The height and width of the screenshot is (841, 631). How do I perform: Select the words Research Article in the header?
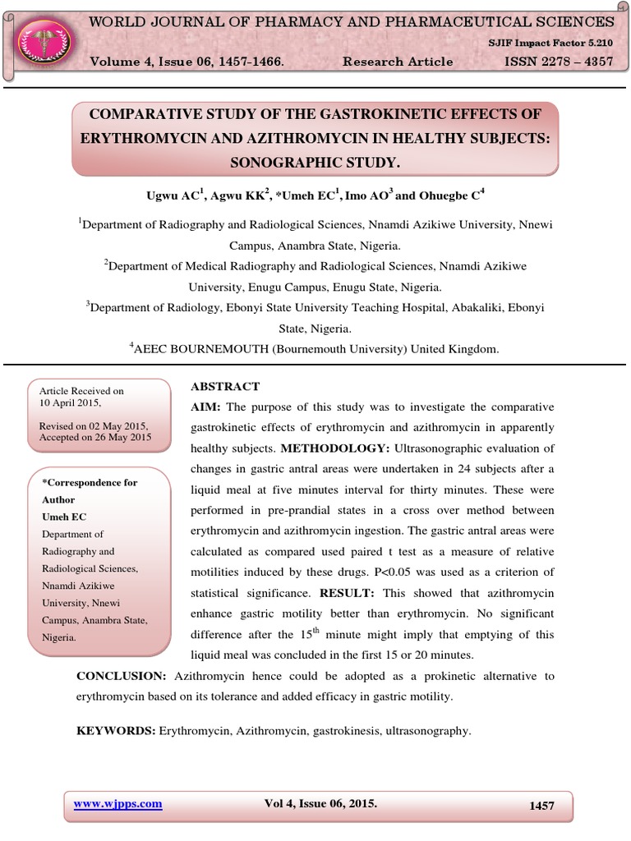tap(398, 62)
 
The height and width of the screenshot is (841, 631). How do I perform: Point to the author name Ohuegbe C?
tap(446, 195)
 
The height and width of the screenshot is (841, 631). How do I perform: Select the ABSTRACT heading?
tap(225, 386)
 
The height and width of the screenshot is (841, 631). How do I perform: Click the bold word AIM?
tap(206, 407)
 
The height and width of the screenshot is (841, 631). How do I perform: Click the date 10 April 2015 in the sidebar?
tap(70, 403)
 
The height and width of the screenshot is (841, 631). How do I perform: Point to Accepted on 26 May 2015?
tap(95, 438)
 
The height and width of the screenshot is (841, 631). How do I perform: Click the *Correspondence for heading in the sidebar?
tap(90, 483)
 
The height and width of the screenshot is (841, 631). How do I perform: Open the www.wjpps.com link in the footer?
tap(117, 804)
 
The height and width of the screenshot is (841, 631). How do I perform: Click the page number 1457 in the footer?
tap(541, 806)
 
